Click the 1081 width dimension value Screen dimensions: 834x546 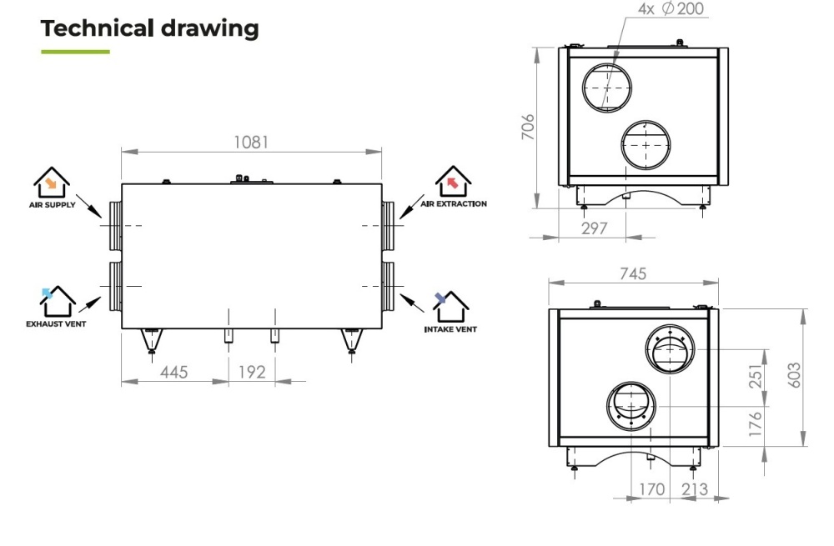click(251, 142)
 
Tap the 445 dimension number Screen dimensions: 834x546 click(174, 372)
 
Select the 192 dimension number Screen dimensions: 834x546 click(252, 372)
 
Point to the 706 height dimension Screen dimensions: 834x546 click(528, 127)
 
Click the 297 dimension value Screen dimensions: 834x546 click(594, 228)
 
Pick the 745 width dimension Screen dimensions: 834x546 click(633, 273)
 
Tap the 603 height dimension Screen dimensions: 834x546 click(794, 375)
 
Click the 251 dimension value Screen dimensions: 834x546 click(756, 376)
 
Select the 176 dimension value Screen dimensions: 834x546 click(756, 423)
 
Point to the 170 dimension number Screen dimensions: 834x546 click(651, 489)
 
